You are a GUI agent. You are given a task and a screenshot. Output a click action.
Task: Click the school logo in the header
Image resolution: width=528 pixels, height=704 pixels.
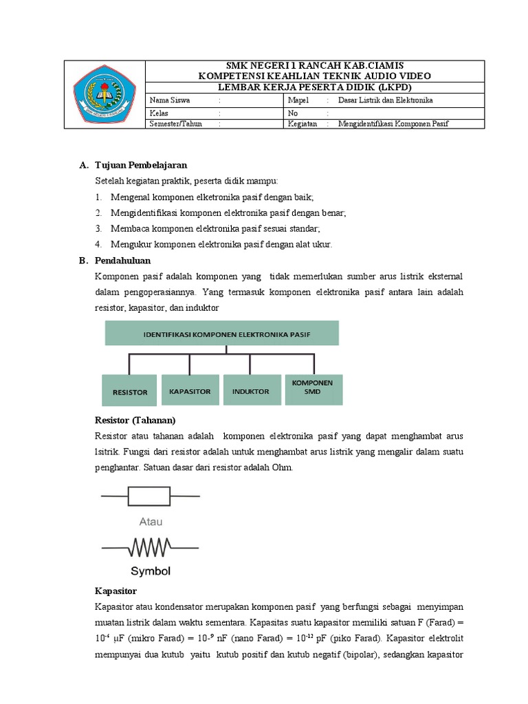104,94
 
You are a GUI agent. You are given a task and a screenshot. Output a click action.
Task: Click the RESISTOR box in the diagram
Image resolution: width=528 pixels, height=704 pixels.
129,391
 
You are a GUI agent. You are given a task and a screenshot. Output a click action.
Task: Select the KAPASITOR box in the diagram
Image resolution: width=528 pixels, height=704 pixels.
190,390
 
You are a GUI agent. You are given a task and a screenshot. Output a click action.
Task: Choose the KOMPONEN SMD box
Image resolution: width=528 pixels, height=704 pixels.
313,389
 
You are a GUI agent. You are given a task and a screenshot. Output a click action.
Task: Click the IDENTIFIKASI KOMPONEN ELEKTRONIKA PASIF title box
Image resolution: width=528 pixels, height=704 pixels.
221,333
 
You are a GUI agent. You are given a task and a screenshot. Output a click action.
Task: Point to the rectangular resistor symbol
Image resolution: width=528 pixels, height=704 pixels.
151,495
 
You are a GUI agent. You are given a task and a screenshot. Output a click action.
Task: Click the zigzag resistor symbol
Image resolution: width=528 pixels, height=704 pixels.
151,547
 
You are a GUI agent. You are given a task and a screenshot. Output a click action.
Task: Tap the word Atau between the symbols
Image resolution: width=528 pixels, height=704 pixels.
151,522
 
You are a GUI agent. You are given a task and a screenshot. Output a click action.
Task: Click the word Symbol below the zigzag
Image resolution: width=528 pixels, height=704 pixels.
151,571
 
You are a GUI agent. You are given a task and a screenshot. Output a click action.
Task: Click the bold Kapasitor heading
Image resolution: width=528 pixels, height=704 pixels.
115,591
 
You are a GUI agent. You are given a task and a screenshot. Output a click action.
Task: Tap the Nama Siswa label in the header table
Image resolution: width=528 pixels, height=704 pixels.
167,100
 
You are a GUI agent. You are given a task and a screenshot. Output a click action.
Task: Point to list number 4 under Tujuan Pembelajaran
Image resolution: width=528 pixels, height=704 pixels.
99,244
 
